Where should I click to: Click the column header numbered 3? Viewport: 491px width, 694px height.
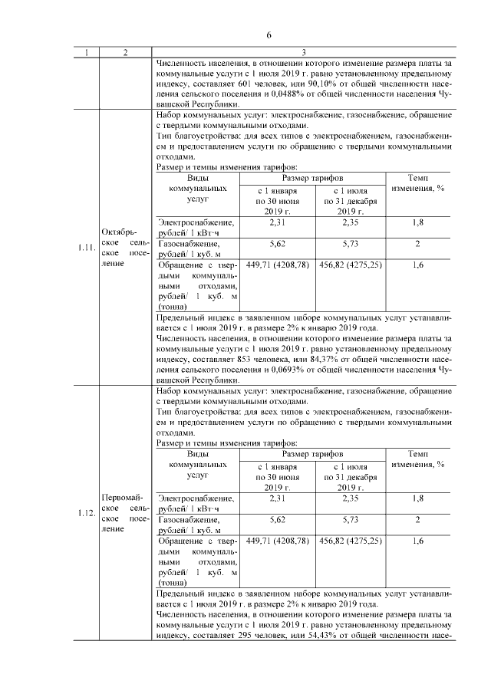(304, 52)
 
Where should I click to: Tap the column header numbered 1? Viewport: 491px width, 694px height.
(86, 52)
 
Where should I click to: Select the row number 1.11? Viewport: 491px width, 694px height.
(86, 247)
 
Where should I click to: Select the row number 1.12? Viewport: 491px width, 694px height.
(86, 514)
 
